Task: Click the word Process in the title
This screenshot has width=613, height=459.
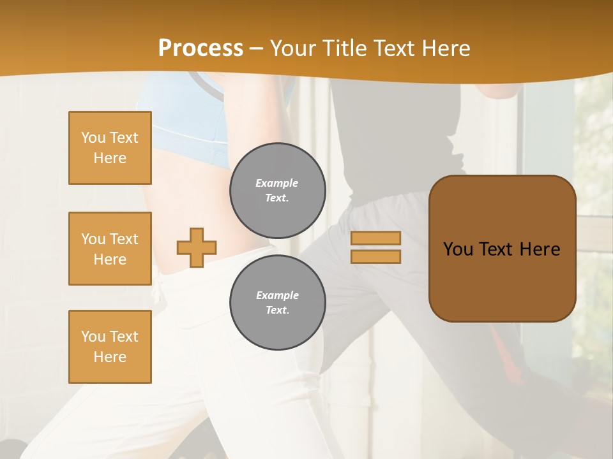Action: tap(201, 48)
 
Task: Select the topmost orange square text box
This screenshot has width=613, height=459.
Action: tap(110, 148)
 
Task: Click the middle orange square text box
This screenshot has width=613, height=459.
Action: tap(110, 249)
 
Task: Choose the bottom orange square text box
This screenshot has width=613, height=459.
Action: tap(110, 346)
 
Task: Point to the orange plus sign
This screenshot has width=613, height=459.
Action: tap(197, 247)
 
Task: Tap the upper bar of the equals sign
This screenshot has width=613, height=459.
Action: tap(375, 238)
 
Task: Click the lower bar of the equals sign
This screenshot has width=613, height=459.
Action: tap(375, 256)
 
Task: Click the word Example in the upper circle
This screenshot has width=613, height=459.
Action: tap(277, 183)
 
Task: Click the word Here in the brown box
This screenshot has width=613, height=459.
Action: tap(540, 249)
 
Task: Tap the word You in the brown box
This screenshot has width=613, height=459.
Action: tap(459, 249)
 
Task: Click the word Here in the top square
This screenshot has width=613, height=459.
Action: tap(110, 158)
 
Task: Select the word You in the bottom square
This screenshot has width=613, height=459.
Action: tap(93, 336)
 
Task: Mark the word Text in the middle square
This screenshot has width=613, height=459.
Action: tap(124, 239)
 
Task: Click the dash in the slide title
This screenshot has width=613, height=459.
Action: tap(257, 48)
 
